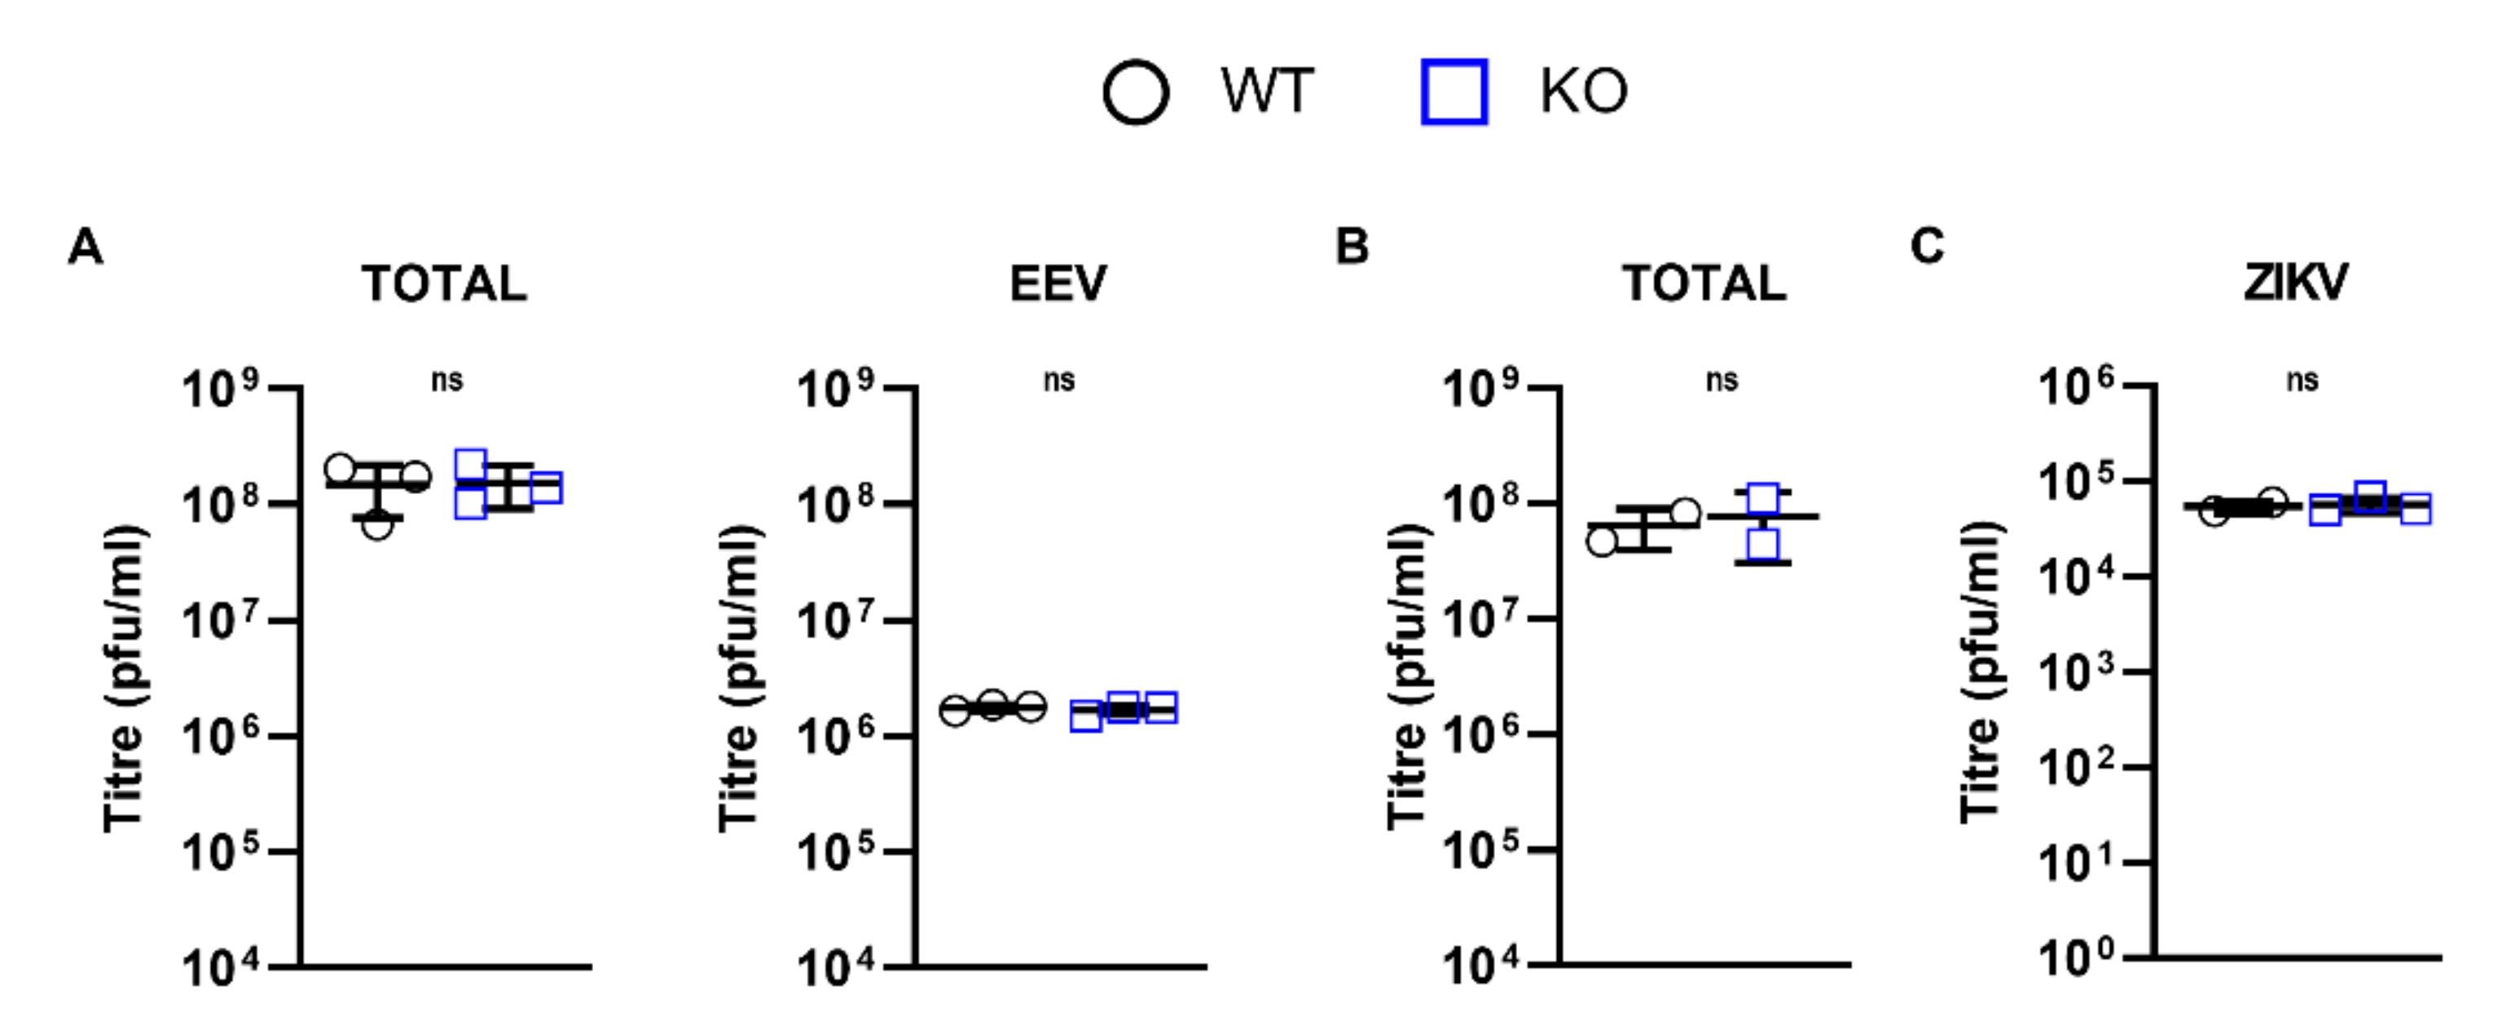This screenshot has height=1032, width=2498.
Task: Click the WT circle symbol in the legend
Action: pos(1136,93)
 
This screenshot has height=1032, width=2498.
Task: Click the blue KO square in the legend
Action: pos(1454,93)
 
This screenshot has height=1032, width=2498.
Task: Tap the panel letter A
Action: pos(86,246)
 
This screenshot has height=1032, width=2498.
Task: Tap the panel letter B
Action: pos(1352,246)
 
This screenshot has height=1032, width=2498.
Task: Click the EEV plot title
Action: pos(1058,283)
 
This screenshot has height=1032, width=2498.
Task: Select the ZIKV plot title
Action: pos(2295,283)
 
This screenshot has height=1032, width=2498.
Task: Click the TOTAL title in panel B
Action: pos(1704,283)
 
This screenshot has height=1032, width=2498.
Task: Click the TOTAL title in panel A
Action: pos(444,283)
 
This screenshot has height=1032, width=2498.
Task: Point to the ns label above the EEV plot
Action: pos(1058,380)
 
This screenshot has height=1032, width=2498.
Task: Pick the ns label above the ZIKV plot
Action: pos(2302,380)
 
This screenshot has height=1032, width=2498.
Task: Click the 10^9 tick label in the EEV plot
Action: pos(836,390)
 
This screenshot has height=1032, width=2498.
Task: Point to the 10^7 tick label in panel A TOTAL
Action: pos(221,621)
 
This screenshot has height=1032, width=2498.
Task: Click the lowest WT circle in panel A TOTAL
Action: pos(377,525)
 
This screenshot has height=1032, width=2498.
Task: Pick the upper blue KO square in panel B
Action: pos(1763,499)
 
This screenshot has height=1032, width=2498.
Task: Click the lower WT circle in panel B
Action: pos(1602,541)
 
